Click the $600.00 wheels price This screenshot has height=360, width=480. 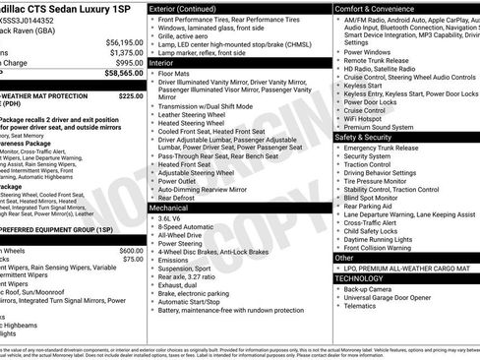click(131, 251)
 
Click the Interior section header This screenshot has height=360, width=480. click(162, 62)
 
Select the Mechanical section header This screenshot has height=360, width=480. click(169, 208)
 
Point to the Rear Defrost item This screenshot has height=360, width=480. click(177, 198)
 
